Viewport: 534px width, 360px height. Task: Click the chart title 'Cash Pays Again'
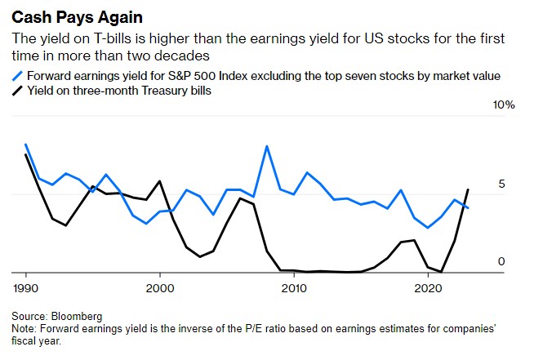[73, 15]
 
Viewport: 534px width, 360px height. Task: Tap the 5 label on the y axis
[502, 184]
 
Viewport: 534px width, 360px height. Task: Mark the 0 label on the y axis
[502, 262]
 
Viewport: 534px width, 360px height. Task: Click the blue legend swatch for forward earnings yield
[18, 76]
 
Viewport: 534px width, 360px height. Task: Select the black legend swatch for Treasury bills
[18, 91]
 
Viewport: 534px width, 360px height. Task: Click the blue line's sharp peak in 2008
[267, 146]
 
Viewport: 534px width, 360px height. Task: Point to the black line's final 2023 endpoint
[468, 189]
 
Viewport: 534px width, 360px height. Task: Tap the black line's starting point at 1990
[26, 154]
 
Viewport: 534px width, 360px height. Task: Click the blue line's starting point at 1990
[26, 144]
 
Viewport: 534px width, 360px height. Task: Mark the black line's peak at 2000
[159, 181]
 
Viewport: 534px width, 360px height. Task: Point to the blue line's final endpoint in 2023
[468, 208]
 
